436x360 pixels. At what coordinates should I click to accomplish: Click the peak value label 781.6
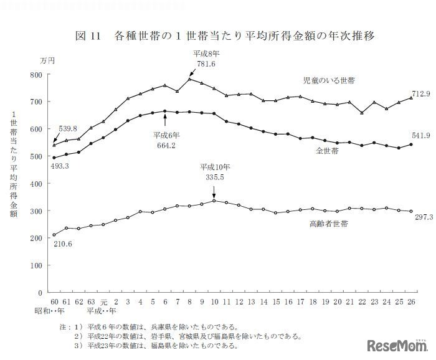(205, 64)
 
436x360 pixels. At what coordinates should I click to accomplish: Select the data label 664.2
(164, 145)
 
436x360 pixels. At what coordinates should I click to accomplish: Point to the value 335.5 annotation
(214, 177)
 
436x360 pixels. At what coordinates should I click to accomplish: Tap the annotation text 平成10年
(215, 168)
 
